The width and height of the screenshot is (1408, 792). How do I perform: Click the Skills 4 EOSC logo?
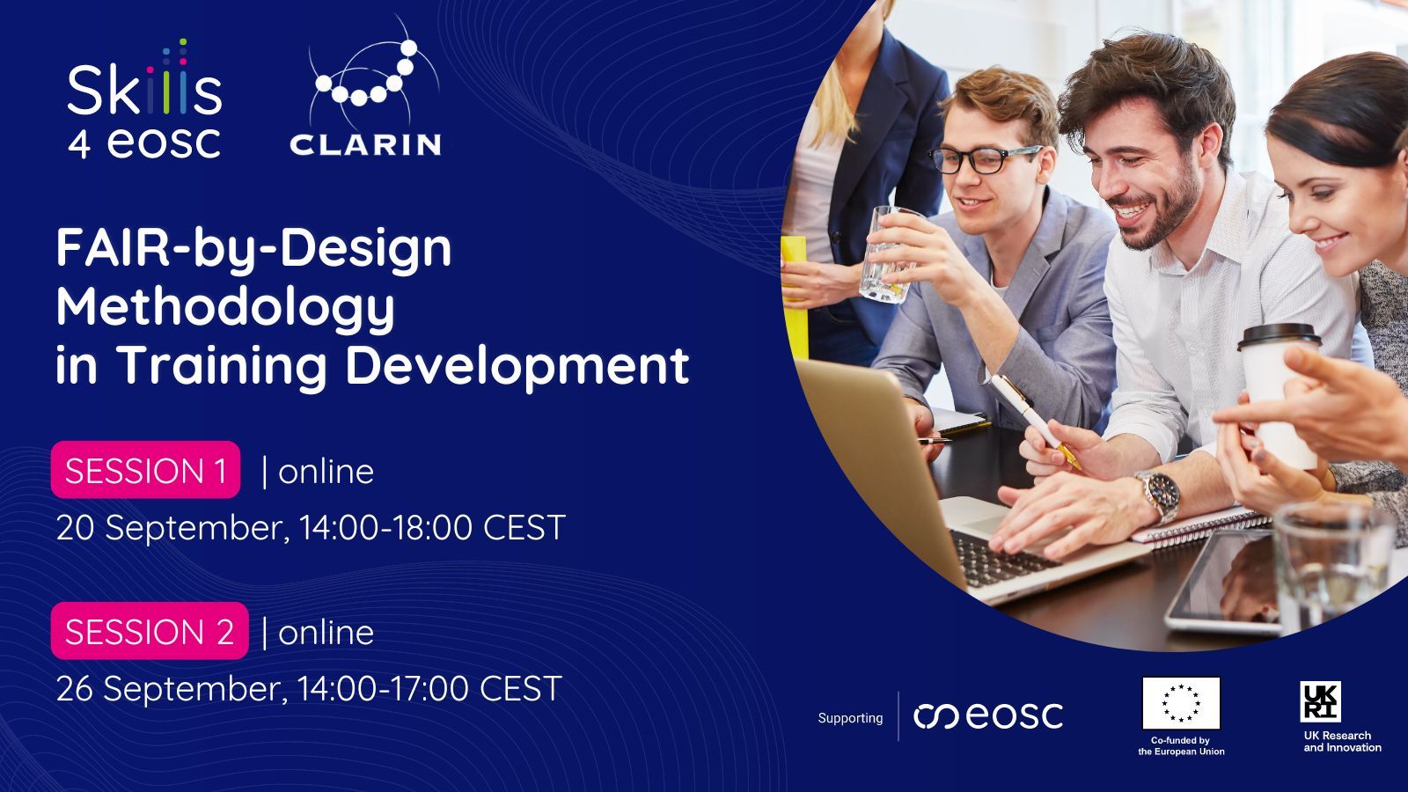click(x=144, y=99)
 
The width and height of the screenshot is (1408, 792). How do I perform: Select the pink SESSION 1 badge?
click(x=146, y=470)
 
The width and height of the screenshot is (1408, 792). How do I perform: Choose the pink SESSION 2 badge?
click(x=150, y=630)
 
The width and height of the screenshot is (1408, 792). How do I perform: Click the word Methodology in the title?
click(x=225, y=308)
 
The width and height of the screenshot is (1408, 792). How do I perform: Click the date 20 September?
click(x=172, y=528)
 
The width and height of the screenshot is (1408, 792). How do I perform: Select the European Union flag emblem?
click(x=1181, y=703)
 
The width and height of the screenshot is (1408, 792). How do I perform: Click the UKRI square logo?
click(x=1321, y=701)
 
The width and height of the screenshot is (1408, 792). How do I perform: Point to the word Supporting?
click(x=850, y=718)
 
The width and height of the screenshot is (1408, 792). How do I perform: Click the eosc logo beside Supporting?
click(x=988, y=716)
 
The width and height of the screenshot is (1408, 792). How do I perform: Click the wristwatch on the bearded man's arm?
click(x=1161, y=495)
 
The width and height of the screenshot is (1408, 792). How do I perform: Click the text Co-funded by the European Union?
click(x=1181, y=745)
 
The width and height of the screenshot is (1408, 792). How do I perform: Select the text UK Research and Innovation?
click(x=1342, y=741)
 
